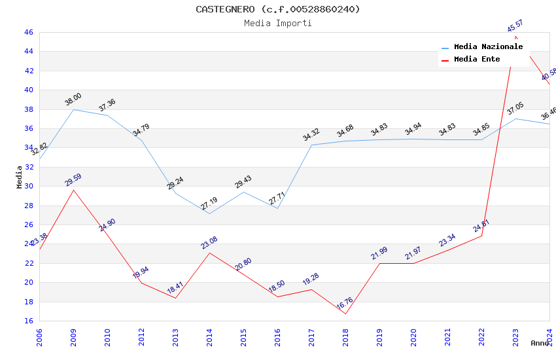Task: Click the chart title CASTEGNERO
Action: [277, 9]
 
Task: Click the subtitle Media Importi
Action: [277, 23]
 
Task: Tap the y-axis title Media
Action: [20, 177]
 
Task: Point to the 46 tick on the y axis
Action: [28, 32]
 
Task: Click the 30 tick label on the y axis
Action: [28, 186]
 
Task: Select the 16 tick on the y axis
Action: [28, 321]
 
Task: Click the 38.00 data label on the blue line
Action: [73, 99]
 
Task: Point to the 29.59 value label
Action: [73, 180]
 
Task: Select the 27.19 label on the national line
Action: [209, 204]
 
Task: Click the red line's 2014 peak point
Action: [209, 253]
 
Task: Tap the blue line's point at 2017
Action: [311, 145]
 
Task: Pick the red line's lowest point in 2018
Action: [345, 314]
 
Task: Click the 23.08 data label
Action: [209, 243]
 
